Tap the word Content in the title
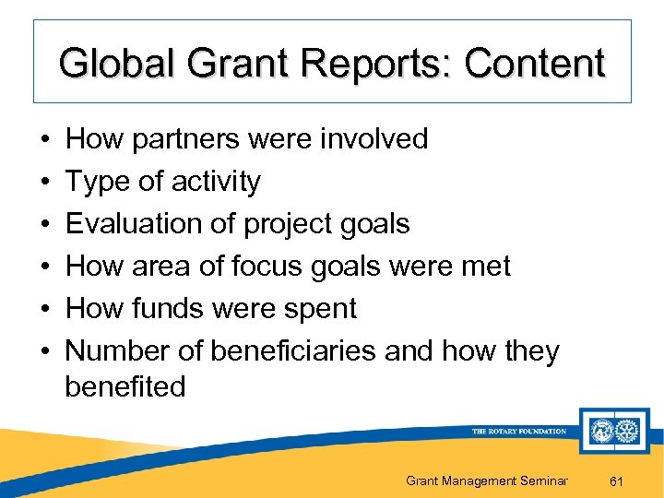pos(535,64)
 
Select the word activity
pos(216,182)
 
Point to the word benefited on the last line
pos(125,386)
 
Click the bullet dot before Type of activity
pos(46,183)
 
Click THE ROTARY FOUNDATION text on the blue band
pos(518,431)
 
